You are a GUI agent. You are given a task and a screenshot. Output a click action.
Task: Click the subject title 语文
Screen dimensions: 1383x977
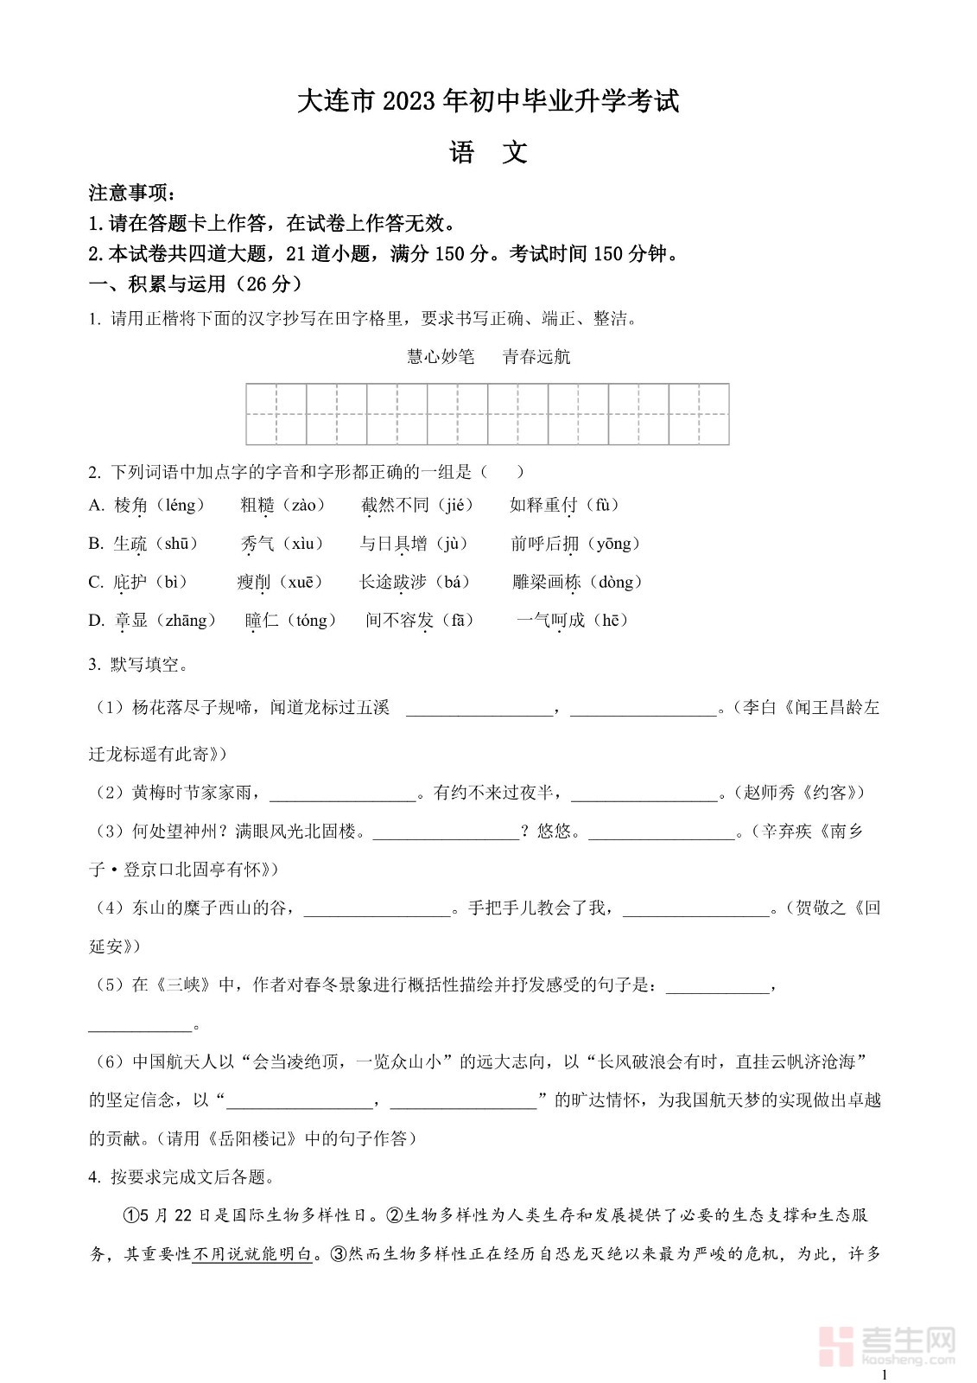(488, 153)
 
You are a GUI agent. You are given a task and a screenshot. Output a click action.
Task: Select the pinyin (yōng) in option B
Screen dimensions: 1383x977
(614, 544)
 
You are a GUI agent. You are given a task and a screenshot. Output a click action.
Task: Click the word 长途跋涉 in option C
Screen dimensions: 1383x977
(393, 582)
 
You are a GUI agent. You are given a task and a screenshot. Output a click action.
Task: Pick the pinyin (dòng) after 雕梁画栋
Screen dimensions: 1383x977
(615, 582)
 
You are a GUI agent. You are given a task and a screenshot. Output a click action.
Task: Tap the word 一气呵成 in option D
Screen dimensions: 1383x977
(550, 620)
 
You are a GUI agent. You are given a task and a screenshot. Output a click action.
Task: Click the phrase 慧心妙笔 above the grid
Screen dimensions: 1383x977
(441, 356)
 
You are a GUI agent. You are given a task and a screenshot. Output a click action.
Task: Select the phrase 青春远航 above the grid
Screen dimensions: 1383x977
(536, 356)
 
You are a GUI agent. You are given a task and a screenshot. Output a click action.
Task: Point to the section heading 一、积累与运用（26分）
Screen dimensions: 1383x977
(196, 284)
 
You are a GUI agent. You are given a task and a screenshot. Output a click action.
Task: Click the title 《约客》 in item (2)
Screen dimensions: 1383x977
(827, 792)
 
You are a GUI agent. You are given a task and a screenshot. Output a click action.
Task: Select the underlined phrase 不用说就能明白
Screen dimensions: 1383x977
(251, 1253)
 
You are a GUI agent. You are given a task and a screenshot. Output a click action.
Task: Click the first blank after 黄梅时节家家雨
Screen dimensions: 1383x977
(343, 792)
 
